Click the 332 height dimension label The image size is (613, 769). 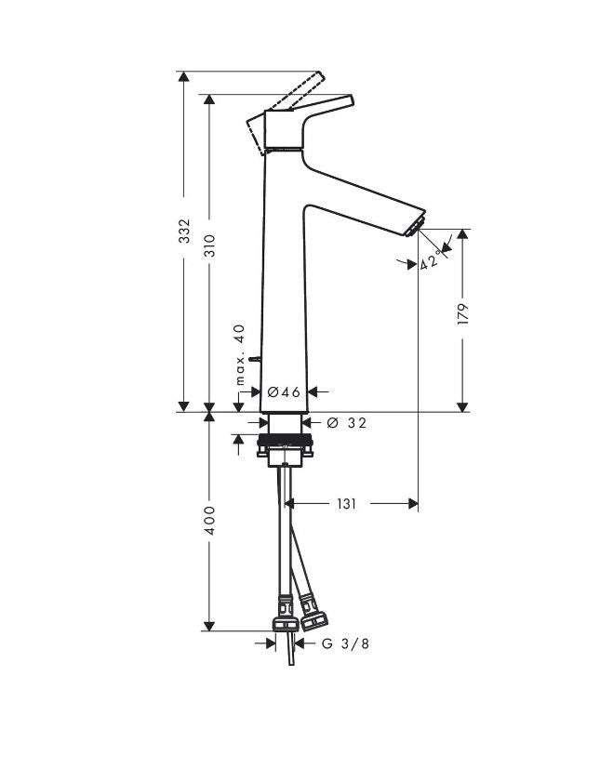coord(184,231)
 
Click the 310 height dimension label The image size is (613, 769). coord(210,245)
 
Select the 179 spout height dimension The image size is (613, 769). coord(463,314)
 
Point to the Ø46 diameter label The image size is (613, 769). coord(284,391)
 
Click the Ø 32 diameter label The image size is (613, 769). coord(346,423)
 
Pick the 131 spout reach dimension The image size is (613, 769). coord(347,504)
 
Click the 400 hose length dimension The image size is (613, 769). coord(209,521)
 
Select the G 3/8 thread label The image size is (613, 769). coord(345,643)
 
